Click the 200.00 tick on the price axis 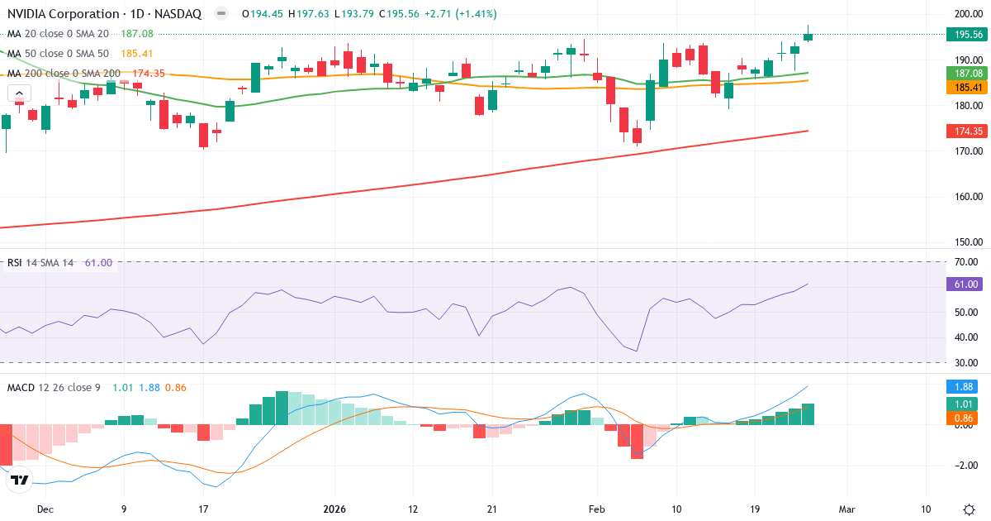[x=967, y=14]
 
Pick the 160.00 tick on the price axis [x=967, y=197]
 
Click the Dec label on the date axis [x=46, y=509]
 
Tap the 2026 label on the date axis [x=334, y=509]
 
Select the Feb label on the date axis [x=597, y=509]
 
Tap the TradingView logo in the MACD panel [x=20, y=480]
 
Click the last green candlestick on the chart [x=808, y=36]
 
